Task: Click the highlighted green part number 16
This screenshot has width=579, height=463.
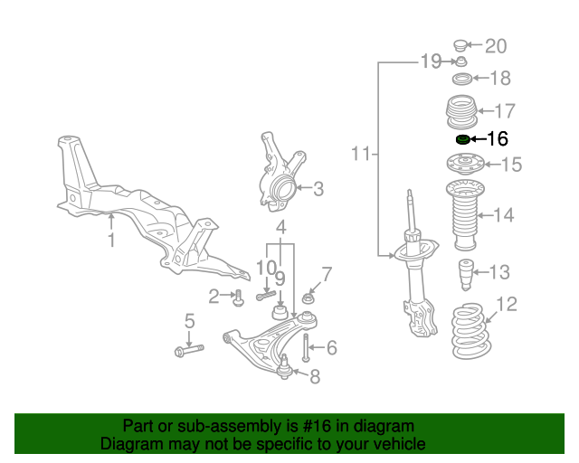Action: coord(462,139)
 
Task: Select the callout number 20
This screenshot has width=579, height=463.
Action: coord(497,46)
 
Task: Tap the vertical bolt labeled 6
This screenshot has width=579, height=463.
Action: coord(307,347)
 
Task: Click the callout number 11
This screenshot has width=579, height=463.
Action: coord(360,155)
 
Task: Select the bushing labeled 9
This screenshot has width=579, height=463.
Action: coord(280,312)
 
